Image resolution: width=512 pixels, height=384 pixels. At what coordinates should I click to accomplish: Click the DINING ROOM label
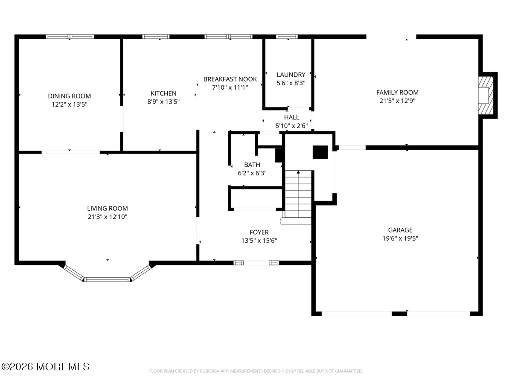coord(69,96)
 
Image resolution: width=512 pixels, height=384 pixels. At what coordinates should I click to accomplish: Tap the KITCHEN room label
coord(163,93)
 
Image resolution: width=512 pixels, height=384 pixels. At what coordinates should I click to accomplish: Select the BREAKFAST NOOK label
coord(230,79)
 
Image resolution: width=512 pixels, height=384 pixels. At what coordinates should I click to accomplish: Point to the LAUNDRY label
coord(291,75)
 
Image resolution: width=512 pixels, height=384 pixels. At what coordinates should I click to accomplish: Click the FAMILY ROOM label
coord(397,92)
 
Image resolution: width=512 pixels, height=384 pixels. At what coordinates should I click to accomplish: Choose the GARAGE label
coord(400,230)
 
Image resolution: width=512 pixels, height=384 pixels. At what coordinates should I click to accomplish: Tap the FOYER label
coord(259,232)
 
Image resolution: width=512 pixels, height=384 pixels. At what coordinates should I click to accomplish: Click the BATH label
coord(252,165)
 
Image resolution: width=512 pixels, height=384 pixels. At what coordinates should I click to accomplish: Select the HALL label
coord(291,117)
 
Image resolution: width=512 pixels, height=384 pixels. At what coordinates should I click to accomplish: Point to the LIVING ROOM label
coord(107,208)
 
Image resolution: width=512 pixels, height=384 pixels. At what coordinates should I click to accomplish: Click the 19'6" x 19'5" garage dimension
coord(400,238)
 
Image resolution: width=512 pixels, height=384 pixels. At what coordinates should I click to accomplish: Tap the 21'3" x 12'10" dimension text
coord(107,217)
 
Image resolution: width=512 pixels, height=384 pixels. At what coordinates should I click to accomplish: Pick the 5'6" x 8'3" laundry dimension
coord(291,83)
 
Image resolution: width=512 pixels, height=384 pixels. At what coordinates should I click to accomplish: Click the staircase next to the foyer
coord(298,194)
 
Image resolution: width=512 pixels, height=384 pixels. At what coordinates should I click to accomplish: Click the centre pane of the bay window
coord(107,279)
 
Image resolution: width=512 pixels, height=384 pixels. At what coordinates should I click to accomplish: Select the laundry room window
coord(287,37)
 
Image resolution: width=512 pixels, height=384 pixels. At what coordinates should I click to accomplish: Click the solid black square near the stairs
coord(320,152)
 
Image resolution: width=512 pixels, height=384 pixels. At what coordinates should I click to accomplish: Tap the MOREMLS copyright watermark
coord(45,367)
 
